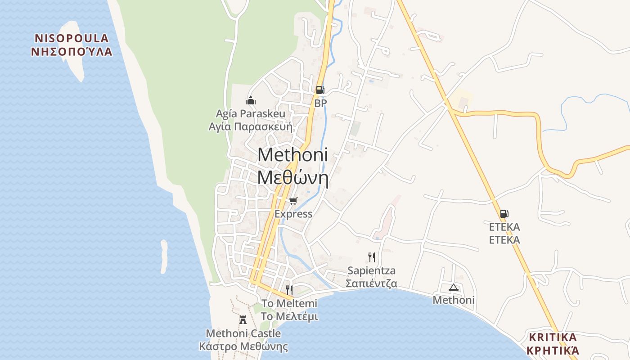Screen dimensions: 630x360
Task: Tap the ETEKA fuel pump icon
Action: (504, 214)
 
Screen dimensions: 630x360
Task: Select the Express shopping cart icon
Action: (293, 201)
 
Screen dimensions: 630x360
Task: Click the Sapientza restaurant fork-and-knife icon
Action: (371, 257)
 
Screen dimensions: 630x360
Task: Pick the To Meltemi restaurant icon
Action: (289, 290)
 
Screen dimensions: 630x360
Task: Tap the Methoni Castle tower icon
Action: (243, 320)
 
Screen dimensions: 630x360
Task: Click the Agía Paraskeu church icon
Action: (251, 100)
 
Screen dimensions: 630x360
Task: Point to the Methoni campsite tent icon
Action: (453, 287)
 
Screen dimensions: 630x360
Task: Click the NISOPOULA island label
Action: (72, 38)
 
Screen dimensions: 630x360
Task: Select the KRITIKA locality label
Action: (553, 337)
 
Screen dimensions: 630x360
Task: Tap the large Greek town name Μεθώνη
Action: (292, 178)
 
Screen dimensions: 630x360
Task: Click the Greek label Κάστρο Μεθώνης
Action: (243, 347)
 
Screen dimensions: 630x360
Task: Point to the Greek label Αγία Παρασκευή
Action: (250, 126)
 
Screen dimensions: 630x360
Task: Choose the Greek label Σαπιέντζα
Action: (371, 284)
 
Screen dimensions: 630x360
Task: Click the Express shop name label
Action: (293, 214)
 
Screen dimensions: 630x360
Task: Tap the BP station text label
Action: (320, 103)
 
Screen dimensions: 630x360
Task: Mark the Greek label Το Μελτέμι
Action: (289, 316)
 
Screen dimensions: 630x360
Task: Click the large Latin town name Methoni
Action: (292, 155)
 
